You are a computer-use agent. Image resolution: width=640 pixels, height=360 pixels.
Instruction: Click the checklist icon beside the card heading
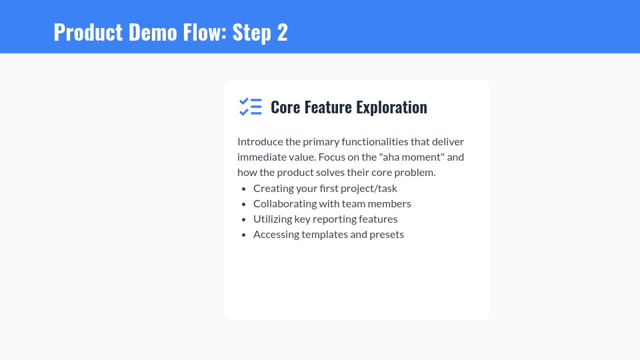tap(251, 107)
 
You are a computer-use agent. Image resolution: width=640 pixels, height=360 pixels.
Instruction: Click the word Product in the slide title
tap(88, 32)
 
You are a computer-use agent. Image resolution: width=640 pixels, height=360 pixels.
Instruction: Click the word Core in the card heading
tap(285, 107)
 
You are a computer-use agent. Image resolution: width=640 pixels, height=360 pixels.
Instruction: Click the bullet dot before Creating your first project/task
tap(243, 189)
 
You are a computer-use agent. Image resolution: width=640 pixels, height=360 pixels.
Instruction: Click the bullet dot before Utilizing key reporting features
tap(243, 219)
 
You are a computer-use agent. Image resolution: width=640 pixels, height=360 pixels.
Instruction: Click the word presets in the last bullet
tap(387, 235)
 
